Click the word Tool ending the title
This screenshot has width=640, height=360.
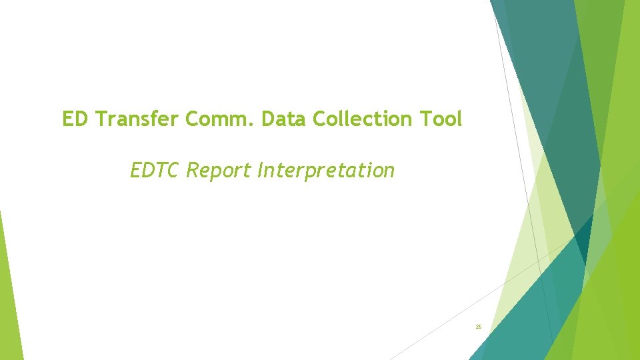click(440, 119)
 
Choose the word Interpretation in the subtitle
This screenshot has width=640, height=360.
click(325, 171)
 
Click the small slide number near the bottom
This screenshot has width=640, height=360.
click(478, 327)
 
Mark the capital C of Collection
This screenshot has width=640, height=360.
click(318, 119)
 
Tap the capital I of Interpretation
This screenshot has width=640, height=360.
click(259, 171)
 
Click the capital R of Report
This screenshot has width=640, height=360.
click(193, 171)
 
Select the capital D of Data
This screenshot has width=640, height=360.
click(268, 119)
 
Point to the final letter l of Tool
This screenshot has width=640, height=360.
click(459, 119)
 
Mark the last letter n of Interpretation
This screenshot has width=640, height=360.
click(389, 173)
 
